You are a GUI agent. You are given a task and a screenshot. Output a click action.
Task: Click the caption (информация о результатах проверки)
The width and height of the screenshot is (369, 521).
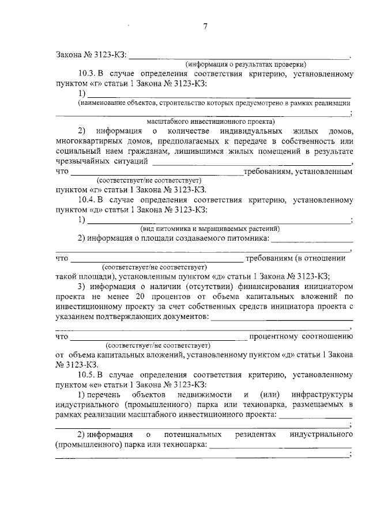[x=245, y=64]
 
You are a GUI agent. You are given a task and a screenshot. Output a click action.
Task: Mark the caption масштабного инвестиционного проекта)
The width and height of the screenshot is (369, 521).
[x=210, y=121]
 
